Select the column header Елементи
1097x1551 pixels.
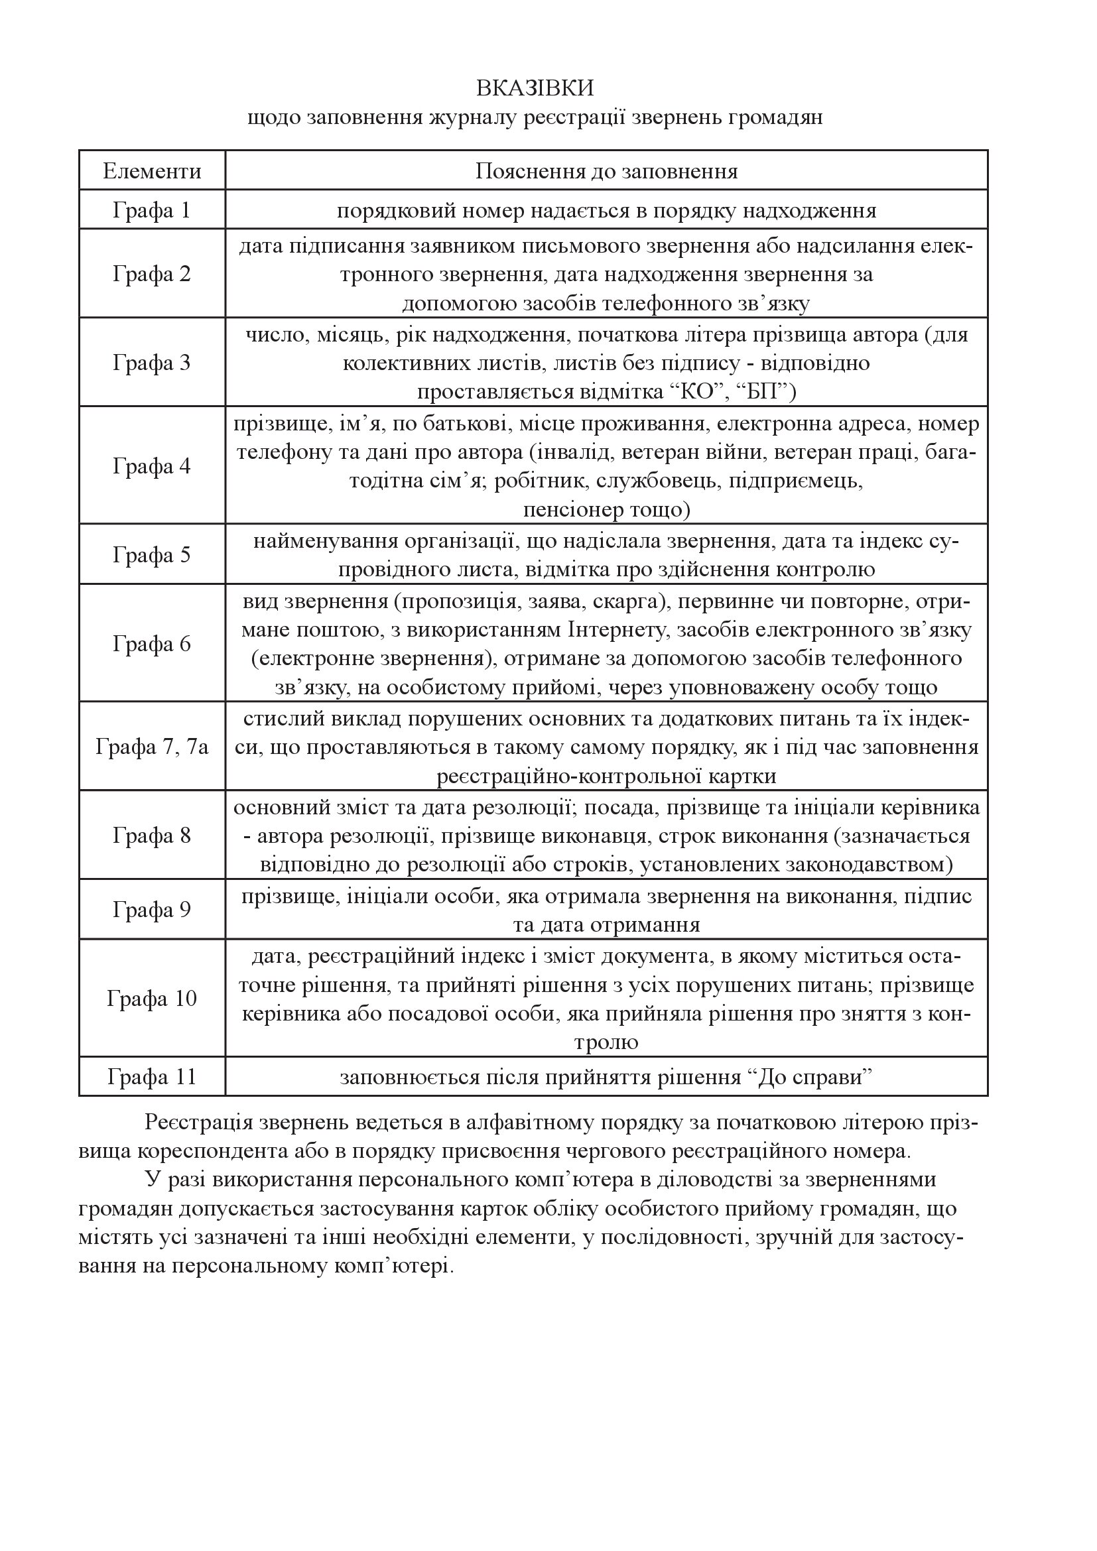pyautogui.click(x=152, y=171)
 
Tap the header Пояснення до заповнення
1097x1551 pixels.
pyautogui.click(x=606, y=171)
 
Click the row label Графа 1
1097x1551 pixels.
pyautogui.click(x=152, y=211)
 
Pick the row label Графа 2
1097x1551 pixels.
pyautogui.click(x=152, y=275)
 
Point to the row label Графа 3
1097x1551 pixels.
pyautogui.click(x=152, y=363)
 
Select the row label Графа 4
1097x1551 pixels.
pyautogui.click(x=152, y=466)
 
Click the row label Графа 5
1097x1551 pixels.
pyautogui.click(x=152, y=555)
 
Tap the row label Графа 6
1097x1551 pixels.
pyautogui.click(x=152, y=644)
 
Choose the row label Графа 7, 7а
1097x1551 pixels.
pyautogui.click(x=152, y=747)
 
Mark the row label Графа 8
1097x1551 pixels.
pyautogui.click(x=152, y=836)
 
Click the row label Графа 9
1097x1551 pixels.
pyautogui.click(x=152, y=910)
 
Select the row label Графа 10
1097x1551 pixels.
pyautogui.click(x=152, y=999)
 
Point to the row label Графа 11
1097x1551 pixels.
pyautogui.click(x=152, y=1077)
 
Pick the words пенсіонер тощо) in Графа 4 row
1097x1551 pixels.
pyautogui.click(x=606, y=509)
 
